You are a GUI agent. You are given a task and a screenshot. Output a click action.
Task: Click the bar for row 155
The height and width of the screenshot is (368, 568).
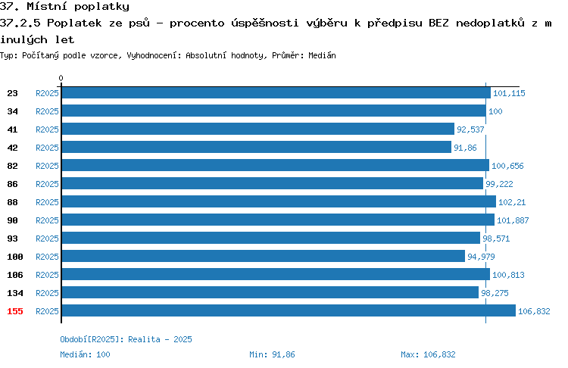pos(289,310)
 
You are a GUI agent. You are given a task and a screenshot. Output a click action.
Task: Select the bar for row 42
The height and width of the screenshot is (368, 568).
pos(257,147)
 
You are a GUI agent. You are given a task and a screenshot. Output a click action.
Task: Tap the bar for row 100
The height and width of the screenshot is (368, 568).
pos(264,256)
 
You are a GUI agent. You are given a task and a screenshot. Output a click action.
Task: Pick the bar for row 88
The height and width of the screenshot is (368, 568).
pos(279,201)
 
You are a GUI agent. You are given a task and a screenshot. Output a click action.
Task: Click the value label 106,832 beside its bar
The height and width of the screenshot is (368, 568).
pos(534,311)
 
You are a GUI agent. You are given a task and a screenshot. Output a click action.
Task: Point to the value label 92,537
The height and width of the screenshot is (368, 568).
pos(470,129)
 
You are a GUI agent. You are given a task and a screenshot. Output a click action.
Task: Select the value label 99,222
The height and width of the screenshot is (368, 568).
pos(499,184)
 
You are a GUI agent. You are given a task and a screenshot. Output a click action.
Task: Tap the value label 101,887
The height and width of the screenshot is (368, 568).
pos(513,220)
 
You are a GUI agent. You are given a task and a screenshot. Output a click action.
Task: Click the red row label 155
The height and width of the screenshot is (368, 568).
pos(15,311)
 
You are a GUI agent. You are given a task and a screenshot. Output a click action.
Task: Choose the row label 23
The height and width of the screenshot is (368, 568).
pos(12,93)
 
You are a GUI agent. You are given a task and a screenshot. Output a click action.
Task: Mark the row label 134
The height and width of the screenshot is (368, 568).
pos(15,293)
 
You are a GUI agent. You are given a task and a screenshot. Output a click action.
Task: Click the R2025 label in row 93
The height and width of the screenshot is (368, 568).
pos(47,239)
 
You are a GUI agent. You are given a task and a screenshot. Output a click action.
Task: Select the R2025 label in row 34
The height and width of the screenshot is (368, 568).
pos(47,111)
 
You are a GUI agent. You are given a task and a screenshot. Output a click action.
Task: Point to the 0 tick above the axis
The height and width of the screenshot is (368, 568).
pos(61,78)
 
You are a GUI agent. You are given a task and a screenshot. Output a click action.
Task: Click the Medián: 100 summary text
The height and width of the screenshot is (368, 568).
pos(85,354)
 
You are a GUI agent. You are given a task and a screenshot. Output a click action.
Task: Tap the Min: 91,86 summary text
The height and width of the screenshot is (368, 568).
pos(272,354)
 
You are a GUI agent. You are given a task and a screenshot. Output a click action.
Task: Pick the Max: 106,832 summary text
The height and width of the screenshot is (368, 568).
pos(428,354)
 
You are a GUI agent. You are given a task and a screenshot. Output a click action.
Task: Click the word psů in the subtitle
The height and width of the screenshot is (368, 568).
pos(139,23)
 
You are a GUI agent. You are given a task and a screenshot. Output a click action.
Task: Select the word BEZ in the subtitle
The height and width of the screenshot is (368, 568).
pos(438,23)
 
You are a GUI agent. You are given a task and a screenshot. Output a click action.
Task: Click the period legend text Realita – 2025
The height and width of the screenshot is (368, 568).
pos(160,339)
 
